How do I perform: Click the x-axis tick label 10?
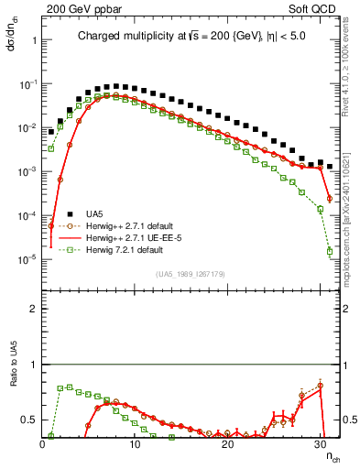click(135, 443)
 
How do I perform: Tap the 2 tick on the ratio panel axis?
click(34, 309)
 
